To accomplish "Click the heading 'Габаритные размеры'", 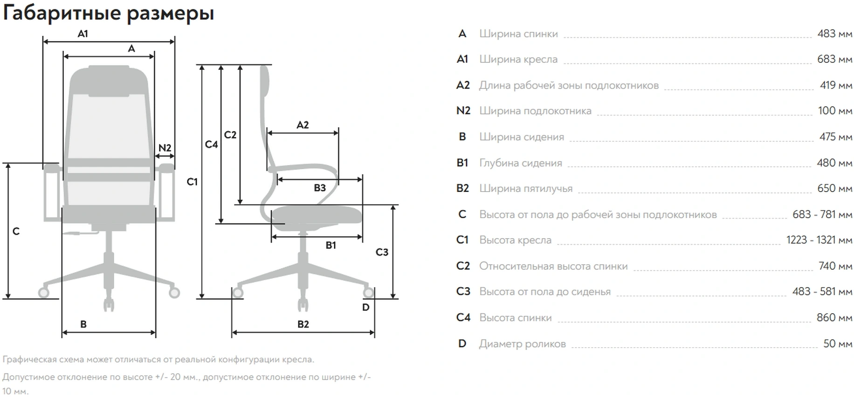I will point(108,13).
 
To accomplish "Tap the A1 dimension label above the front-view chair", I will point(83,34).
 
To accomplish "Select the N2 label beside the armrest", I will point(165,148).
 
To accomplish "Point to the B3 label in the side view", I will point(319,188).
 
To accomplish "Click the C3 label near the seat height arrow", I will point(382,252).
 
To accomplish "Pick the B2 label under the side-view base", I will point(303,324).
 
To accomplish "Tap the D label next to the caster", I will point(365,307).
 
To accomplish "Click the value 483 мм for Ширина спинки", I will point(834,34).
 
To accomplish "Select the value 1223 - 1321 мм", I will point(819,240).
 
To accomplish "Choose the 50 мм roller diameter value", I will point(837,343).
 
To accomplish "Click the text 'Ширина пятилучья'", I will point(526,188).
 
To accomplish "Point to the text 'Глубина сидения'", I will point(521,163).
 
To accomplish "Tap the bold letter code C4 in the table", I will point(463,317).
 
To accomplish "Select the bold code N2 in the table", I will point(463,110).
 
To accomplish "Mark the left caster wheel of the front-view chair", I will point(44,292).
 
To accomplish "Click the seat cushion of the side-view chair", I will point(317,215).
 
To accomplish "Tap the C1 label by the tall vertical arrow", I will point(192,182).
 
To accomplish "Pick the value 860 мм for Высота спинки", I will point(834,317).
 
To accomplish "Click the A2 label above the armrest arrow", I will point(303,125).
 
